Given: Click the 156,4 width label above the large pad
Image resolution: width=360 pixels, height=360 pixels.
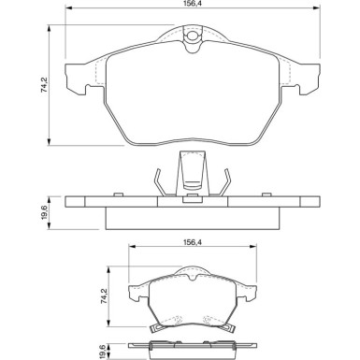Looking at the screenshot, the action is coord(192,3).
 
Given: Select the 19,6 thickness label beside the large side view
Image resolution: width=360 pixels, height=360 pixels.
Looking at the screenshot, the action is coord(44,212).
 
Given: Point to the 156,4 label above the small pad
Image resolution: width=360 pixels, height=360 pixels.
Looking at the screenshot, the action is coord(192,242).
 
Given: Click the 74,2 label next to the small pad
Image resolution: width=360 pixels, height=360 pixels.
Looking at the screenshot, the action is coord(104,296).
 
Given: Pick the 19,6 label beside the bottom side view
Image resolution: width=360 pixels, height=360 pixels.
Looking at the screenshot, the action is coord(105,351).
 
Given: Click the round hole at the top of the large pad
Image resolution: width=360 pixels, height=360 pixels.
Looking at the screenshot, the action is coord(192,36).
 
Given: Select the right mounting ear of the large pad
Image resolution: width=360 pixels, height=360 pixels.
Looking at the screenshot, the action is coord(309,79).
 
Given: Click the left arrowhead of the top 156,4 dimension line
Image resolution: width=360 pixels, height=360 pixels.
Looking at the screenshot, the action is coord(68,8).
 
